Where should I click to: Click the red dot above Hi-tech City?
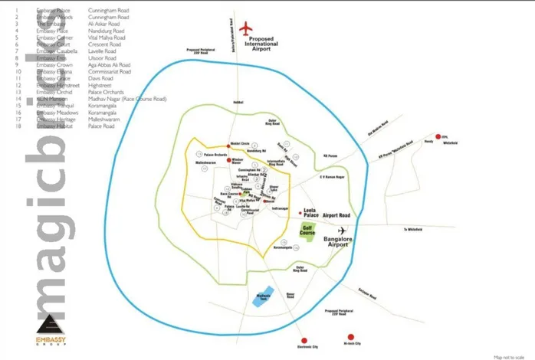(350, 336)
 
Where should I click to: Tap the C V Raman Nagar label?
(330, 177)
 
